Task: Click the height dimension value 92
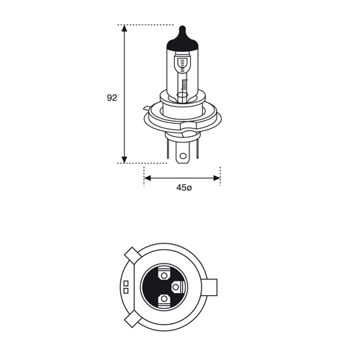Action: (x=112, y=96)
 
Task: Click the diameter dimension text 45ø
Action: (x=184, y=188)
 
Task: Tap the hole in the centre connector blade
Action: (x=183, y=153)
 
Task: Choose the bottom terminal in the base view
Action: (x=165, y=298)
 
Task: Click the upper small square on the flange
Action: (x=125, y=282)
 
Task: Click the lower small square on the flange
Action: (x=125, y=289)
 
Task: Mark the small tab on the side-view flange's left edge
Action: (x=148, y=109)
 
